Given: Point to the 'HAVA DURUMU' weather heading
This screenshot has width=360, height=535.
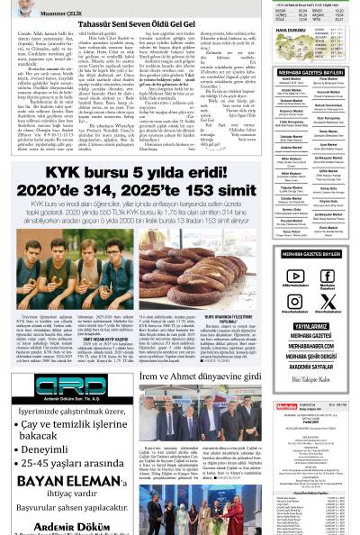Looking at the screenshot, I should (x=292, y=30).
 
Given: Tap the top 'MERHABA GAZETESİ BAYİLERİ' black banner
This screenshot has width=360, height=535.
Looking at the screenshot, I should (x=310, y=71).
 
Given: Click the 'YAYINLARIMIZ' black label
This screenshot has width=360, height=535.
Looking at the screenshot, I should (x=310, y=326).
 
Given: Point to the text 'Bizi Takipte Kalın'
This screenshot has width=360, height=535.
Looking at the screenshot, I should (x=310, y=379).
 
